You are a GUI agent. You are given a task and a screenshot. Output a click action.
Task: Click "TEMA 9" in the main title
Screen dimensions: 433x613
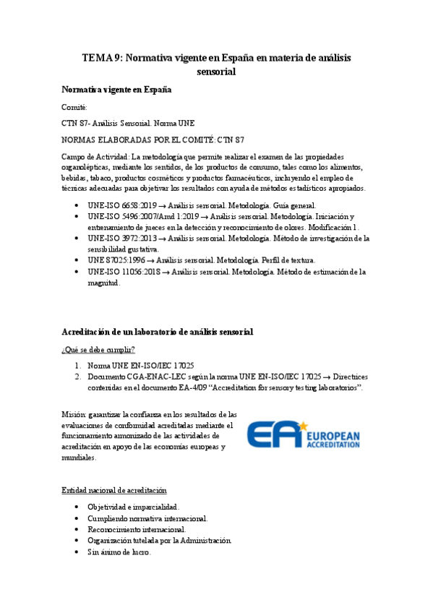102,58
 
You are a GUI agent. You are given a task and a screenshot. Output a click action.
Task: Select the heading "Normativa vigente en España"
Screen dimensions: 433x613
116,90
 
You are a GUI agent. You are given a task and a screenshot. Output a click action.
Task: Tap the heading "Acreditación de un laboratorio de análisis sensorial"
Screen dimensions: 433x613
158,331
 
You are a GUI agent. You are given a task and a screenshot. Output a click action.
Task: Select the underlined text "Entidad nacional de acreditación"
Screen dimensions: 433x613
114,491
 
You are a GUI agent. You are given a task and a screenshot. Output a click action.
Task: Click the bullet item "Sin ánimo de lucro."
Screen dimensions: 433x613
119,552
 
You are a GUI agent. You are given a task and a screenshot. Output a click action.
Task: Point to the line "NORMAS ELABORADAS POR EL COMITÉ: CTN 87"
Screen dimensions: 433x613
153,139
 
